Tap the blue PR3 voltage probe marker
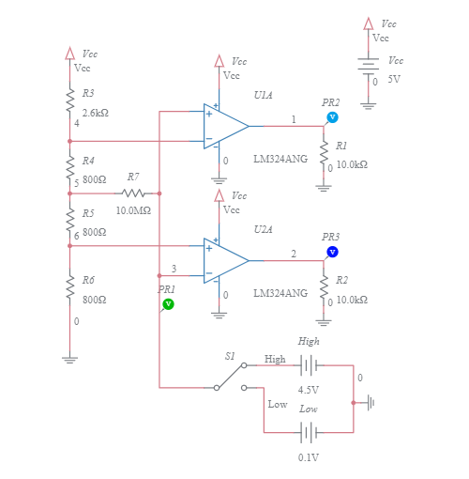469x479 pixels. [332, 252]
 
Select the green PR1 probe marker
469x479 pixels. [168, 304]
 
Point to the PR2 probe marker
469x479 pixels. [331, 117]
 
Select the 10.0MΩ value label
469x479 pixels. [133, 210]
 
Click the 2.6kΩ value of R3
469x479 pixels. [95, 112]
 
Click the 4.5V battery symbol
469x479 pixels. [309, 366]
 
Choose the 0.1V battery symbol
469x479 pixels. [309, 432]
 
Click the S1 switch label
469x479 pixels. [230, 356]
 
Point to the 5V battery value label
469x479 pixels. [394, 80]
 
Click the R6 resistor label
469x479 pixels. [87, 280]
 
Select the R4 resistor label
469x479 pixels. [87, 161]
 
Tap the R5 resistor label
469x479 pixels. [87, 213]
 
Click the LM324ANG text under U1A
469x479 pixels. [280, 159]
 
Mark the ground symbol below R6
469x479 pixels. [68, 357]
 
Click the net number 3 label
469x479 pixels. [174, 270]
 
